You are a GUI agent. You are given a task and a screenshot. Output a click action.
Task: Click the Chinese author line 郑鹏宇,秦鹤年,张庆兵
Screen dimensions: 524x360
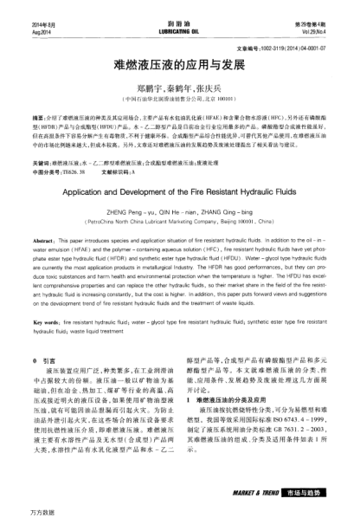[179, 87]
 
